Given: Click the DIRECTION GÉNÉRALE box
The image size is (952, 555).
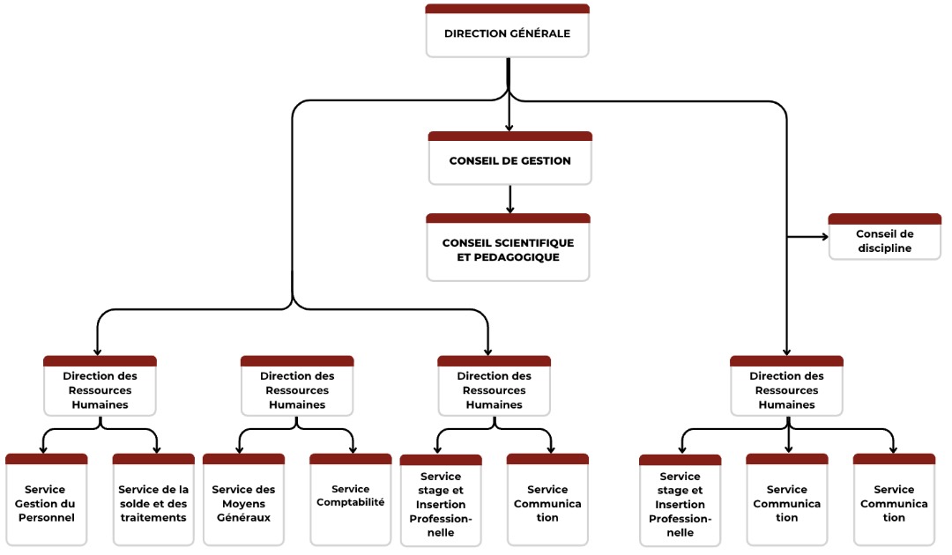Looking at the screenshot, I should pos(507,33).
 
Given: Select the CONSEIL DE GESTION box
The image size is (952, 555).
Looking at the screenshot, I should pos(509,160).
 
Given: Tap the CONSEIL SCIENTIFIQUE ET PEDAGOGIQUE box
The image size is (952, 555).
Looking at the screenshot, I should pos(508,249).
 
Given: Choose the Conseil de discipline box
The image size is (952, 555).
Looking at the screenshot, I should pos(884,240).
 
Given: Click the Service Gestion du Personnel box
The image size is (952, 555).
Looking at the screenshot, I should pos(46,503).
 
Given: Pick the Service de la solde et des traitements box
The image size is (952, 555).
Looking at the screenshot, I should pos(153,503).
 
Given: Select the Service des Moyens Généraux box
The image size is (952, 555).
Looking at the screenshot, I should pos(243,503).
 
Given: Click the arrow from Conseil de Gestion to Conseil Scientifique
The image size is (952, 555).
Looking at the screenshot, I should pos(509,197).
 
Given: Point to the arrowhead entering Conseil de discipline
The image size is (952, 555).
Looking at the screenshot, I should pos(823,237).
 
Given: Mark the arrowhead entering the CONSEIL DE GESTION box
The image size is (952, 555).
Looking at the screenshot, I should pos(509,127).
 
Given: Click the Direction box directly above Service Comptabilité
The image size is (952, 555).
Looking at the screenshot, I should pos(297,389).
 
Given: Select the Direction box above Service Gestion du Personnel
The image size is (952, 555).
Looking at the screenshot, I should pos(100,389).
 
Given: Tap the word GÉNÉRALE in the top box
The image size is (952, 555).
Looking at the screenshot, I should pos(539,34).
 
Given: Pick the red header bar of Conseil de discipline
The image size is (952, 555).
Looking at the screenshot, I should pos(884,218).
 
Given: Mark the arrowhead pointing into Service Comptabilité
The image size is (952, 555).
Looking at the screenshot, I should pos(353,449).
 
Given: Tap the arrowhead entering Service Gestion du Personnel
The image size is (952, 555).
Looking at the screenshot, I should pos(43,449).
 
